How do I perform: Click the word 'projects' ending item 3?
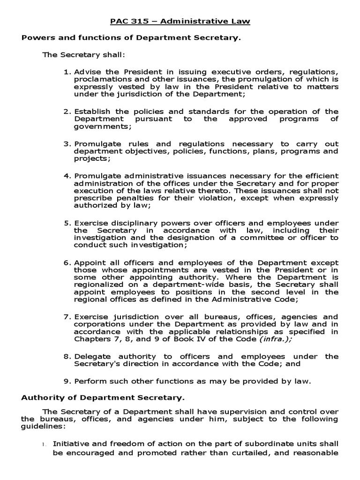click(89, 158)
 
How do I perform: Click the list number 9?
click(67, 381)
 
